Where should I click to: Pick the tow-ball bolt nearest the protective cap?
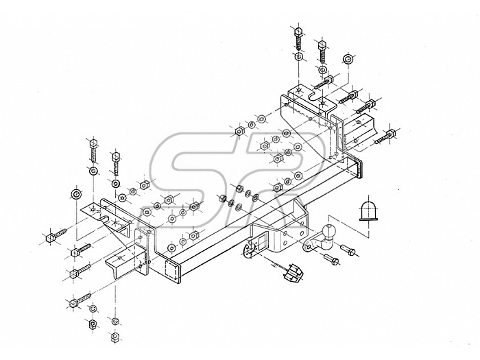pos(348,250)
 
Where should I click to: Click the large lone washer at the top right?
pos(348,58)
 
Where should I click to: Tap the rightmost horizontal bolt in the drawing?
pos(387,135)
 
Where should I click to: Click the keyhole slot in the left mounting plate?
pos(108,219)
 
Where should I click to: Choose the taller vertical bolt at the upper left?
pos(93,150)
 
